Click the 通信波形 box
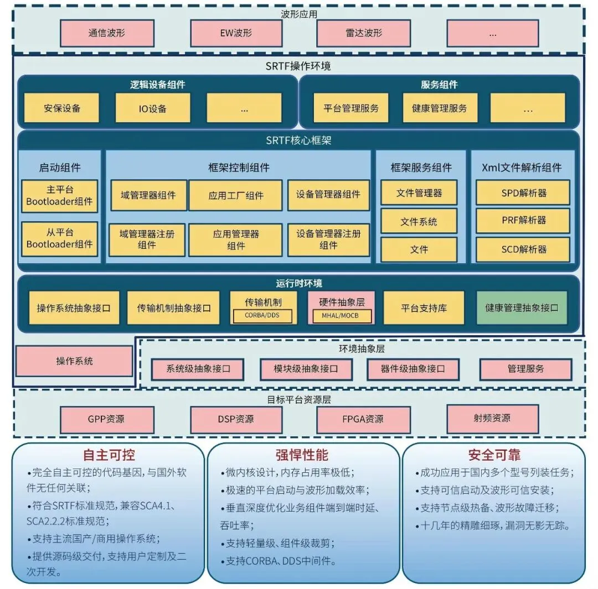(107, 33)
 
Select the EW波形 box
(236, 33)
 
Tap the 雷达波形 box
(363, 33)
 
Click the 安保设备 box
(62, 108)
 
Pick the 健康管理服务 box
(440, 108)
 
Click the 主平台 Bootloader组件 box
(59, 196)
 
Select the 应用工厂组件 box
(236, 195)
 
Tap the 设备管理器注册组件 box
(328, 239)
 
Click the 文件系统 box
(419, 221)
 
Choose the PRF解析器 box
(523, 220)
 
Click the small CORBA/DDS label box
(262, 315)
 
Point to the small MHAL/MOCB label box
(342, 315)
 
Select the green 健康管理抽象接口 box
(522, 308)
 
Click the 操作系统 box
(74, 361)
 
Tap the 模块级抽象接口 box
(306, 369)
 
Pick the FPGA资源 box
(363, 419)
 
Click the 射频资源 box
(492, 419)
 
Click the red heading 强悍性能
(302, 455)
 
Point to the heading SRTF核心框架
(298, 140)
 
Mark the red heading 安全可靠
(494, 455)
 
